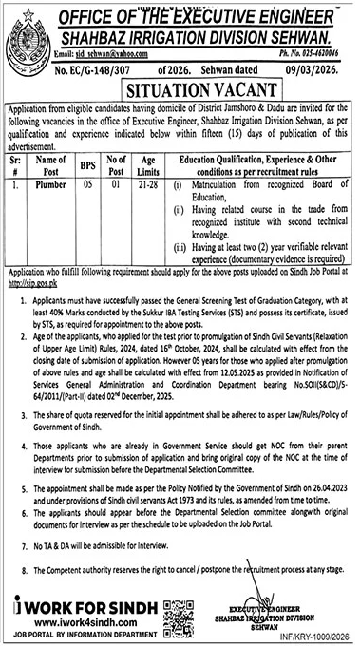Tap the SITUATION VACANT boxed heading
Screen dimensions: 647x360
181,95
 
